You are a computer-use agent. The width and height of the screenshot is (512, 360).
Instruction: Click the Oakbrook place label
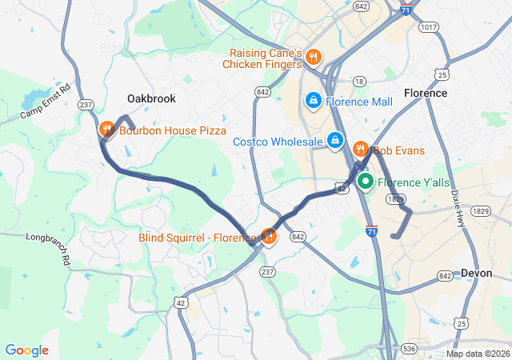coord(151,98)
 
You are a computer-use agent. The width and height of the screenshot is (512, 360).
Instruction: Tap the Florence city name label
coord(426,93)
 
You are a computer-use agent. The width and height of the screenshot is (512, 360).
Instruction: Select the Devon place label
coord(477,273)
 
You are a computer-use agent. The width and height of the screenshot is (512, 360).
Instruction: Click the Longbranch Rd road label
coord(49,238)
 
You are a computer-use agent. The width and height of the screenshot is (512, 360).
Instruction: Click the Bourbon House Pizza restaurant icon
coord(106,129)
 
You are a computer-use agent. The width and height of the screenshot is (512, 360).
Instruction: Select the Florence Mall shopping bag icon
coord(313,101)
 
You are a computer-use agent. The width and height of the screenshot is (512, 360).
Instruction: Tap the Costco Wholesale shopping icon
coord(336,142)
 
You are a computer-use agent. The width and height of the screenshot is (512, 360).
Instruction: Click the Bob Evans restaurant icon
coord(360,149)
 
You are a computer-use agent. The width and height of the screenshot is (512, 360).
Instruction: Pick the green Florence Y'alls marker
coord(366,182)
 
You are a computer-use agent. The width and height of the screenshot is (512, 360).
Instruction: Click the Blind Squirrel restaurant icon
coord(269,236)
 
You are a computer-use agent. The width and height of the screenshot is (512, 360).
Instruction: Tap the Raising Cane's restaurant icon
coord(313,57)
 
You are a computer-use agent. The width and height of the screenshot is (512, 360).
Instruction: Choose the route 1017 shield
coord(428,27)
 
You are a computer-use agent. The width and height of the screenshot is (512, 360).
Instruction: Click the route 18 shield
coord(359,82)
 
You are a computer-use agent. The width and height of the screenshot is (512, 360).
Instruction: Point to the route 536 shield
coord(410,348)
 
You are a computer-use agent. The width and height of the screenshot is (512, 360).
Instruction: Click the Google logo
coord(26,350)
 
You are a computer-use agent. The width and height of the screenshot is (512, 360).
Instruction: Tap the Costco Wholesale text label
coord(278,142)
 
